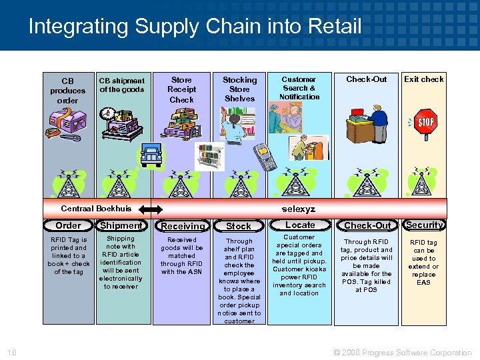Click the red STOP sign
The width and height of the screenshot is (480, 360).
pos(426,123)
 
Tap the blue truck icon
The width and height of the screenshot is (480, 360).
pos(151,154)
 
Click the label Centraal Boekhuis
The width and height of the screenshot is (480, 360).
pos(97,209)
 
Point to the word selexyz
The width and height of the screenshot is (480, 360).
pos(299,209)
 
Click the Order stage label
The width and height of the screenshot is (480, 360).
pos(69,225)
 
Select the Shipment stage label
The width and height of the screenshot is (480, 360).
pos(121,225)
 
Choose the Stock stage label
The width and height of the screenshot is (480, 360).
pos(239,226)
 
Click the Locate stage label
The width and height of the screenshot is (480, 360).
pos(300,225)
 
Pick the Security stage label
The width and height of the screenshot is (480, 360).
pos(424,225)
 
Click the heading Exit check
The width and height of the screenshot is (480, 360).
pos(424,79)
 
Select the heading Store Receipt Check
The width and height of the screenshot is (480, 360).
pos(181,89)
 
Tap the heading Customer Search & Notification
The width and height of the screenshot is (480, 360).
pos(299,88)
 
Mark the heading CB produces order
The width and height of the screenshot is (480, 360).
pos(68,91)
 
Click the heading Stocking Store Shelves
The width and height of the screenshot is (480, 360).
pos(239,89)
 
